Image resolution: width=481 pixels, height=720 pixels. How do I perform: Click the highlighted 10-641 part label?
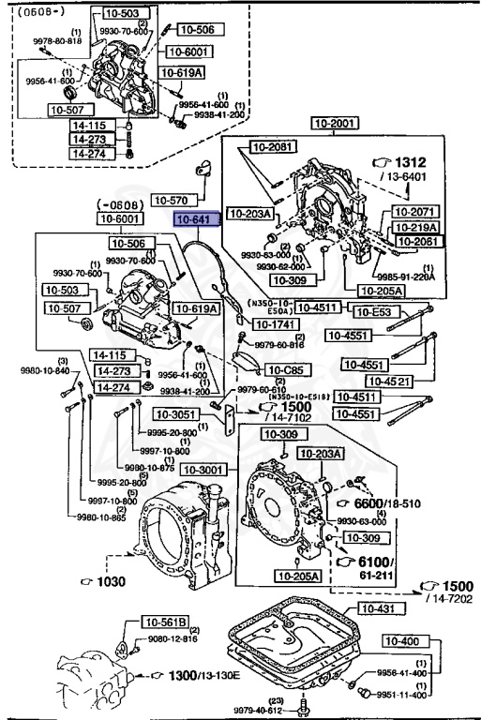point(195,219)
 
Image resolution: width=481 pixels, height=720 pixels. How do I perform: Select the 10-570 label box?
point(173,200)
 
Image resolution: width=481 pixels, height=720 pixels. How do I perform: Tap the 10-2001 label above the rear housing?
point(335,123)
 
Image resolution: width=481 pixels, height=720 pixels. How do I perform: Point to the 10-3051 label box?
point(176,415)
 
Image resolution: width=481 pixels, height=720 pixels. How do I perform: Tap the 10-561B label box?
point(166,622)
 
